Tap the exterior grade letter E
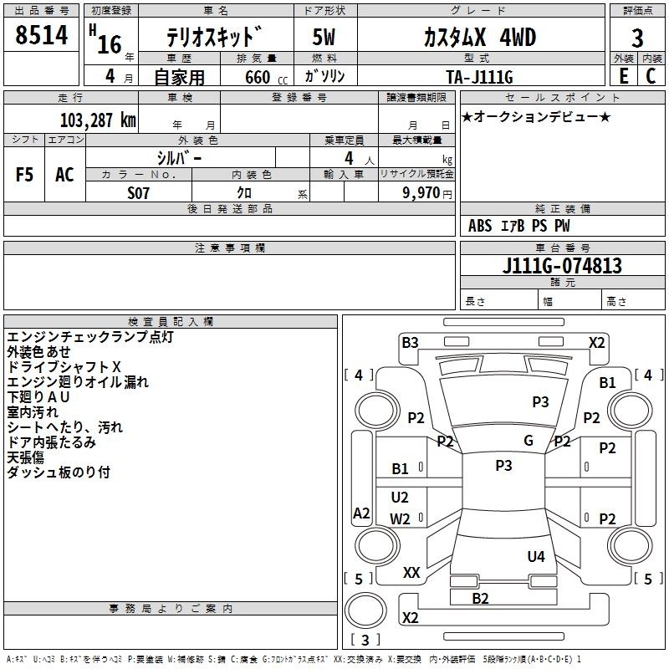tap(622, 74)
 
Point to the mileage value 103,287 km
tap(98, 120)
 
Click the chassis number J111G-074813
tap(562, 266)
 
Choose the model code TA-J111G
tap(480, 74)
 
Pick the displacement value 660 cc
tap(256, 75)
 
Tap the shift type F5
tap(24, 174)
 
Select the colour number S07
tap(138, 192)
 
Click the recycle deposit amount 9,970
tap(426, 192)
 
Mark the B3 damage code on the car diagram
tap(410, 342)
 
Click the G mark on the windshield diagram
tap(529, 441)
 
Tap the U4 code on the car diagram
tap(536, 556)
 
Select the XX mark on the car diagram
tap(411, 573)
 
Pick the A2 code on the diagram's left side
tap(361, 513)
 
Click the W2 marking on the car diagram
tap(401, 518)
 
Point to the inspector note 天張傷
tap(25, 457)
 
